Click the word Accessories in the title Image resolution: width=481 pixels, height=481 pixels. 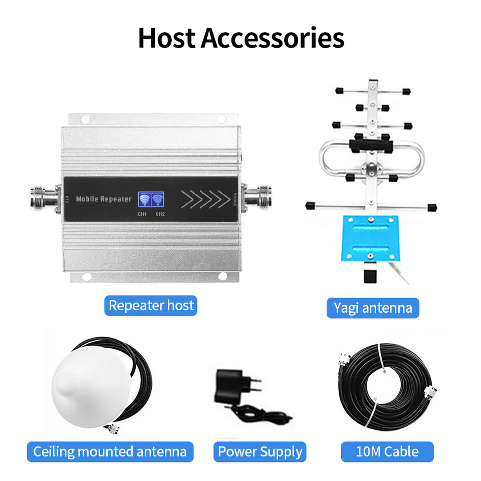coord(273,38)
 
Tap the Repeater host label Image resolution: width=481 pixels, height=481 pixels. coord(151,306)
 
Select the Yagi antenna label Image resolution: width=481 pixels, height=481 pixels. coord(373,308)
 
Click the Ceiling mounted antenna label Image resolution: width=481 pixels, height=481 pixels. coord(110,452)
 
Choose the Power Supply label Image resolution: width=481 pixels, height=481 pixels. coord(260,452)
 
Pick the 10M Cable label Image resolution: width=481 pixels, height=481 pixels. coord(387,452)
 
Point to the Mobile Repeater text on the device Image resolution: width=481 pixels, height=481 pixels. coord(104,199)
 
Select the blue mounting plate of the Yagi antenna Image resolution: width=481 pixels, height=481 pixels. coord(370,238)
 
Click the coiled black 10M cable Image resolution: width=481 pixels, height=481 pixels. coord(386,386)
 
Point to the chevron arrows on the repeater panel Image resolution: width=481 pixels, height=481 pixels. coord(205,199)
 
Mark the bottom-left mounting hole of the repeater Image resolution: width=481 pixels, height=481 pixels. coord(86,276)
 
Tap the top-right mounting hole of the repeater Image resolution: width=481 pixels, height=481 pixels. coord(221,119)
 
